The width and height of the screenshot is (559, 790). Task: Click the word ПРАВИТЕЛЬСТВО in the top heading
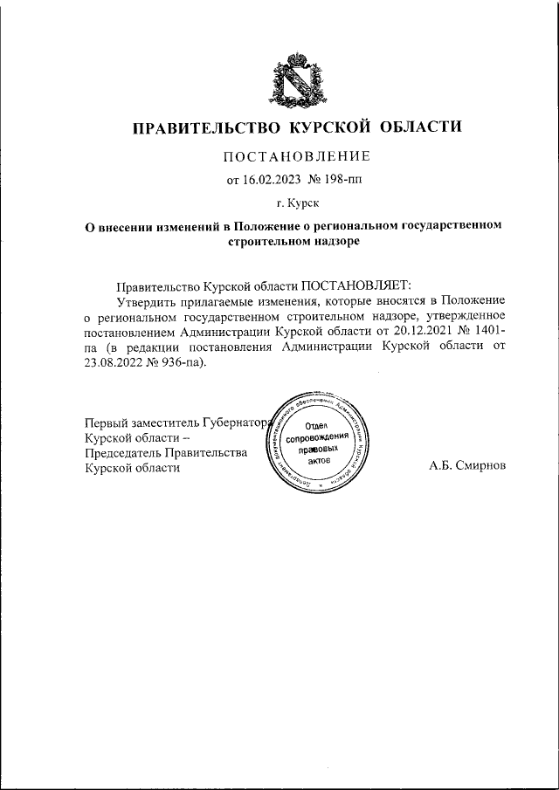pos(203,128)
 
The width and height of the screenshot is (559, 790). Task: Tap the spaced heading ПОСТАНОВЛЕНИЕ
pos(296,156)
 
